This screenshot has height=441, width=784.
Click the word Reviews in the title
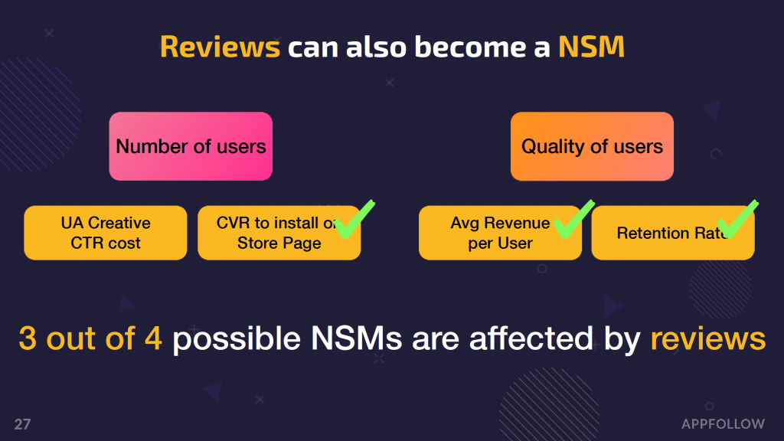[220, 47]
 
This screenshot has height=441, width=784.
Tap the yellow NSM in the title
[592, 47]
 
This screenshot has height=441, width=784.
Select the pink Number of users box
[191, 146]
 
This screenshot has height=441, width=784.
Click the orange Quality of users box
[592, 146]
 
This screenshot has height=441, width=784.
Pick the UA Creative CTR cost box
[106, 233]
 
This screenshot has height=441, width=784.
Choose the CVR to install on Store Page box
[279, 233]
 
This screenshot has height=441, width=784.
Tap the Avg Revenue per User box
[500, 233]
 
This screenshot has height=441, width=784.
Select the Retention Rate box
[673, 233]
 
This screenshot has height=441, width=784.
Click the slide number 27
[22, 424]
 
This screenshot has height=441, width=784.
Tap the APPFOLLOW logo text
[723, 424]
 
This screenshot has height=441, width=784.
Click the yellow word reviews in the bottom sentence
[708, 338]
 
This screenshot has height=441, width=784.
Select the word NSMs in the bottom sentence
[357, 338]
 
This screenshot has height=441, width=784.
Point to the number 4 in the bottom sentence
[153, 338]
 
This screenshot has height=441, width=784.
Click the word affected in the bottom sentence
[531, 338]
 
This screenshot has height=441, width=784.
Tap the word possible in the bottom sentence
[237, 339]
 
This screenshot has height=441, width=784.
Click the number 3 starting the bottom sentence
[28, 338]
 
